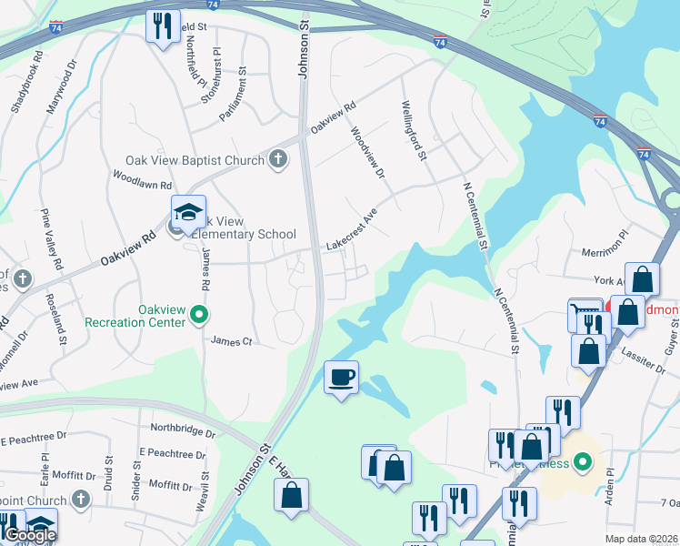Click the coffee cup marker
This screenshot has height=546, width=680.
click(x=342, y=377)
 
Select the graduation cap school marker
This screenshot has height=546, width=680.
click(x=189, y=214)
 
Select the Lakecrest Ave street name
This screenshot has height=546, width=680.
click(x=351, y=232)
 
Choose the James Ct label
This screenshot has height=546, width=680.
click(x=230, y=341)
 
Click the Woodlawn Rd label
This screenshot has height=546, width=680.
click(x=142, y=178)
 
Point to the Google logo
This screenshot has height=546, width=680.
click(x=30, y=535)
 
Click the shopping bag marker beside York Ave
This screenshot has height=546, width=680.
click(x=642, y=280)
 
